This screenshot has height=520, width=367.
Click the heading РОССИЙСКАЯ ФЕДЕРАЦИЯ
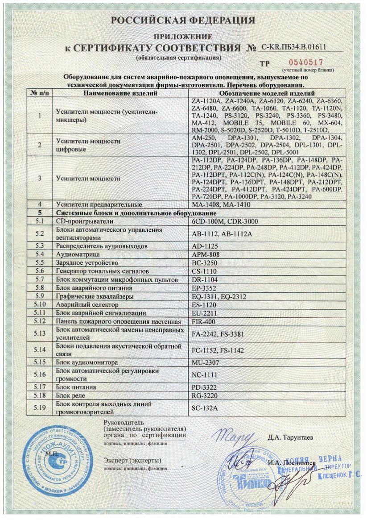(x=183, y=20)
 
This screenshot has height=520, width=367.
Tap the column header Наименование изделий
(x=120, y=93)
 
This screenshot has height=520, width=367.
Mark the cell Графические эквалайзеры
(x=92, y=296)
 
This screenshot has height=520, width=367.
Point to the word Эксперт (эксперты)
(x=132, y=460)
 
